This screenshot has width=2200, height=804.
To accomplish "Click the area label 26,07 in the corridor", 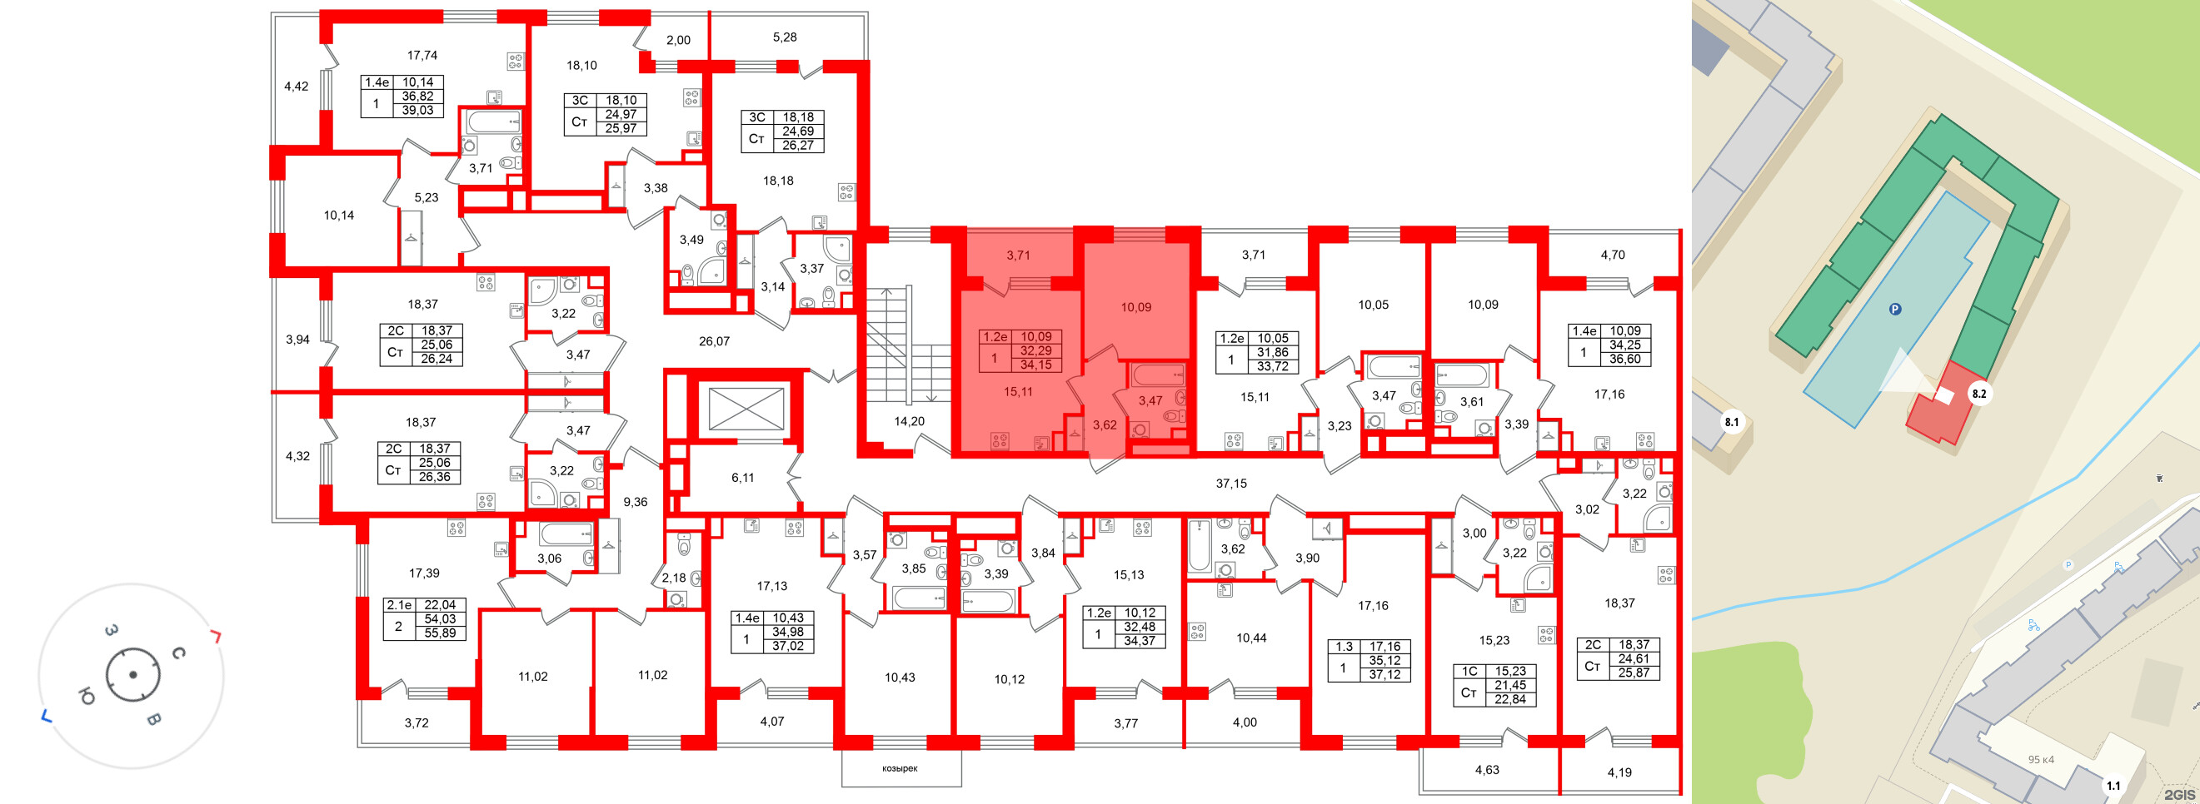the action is (714, 341).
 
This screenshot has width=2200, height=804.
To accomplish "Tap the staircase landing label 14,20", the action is (909, 421).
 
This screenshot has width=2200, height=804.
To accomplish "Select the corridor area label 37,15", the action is (1230, 483).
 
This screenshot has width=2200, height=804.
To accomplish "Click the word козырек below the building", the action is (900, 768).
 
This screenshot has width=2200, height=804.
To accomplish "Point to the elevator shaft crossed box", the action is (746, 408).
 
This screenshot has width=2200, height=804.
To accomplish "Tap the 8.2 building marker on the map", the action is (1978, 394).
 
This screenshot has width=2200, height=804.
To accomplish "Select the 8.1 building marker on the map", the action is (1730, 422).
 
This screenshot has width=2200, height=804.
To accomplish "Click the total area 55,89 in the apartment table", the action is (440, 633).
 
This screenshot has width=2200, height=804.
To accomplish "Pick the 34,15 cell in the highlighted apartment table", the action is (1035, 365).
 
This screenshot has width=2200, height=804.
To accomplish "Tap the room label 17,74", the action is (422, 56).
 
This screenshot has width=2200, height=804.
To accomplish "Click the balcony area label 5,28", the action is (784, 37).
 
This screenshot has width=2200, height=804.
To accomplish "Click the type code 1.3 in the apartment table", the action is (1344, 647).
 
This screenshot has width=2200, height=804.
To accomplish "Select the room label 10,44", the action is (1251, 638).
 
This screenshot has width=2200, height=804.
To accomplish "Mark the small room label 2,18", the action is (673, 578).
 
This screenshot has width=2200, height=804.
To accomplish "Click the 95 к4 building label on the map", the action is (2041, 760).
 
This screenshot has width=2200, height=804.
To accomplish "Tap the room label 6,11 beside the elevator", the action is (742, 478).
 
